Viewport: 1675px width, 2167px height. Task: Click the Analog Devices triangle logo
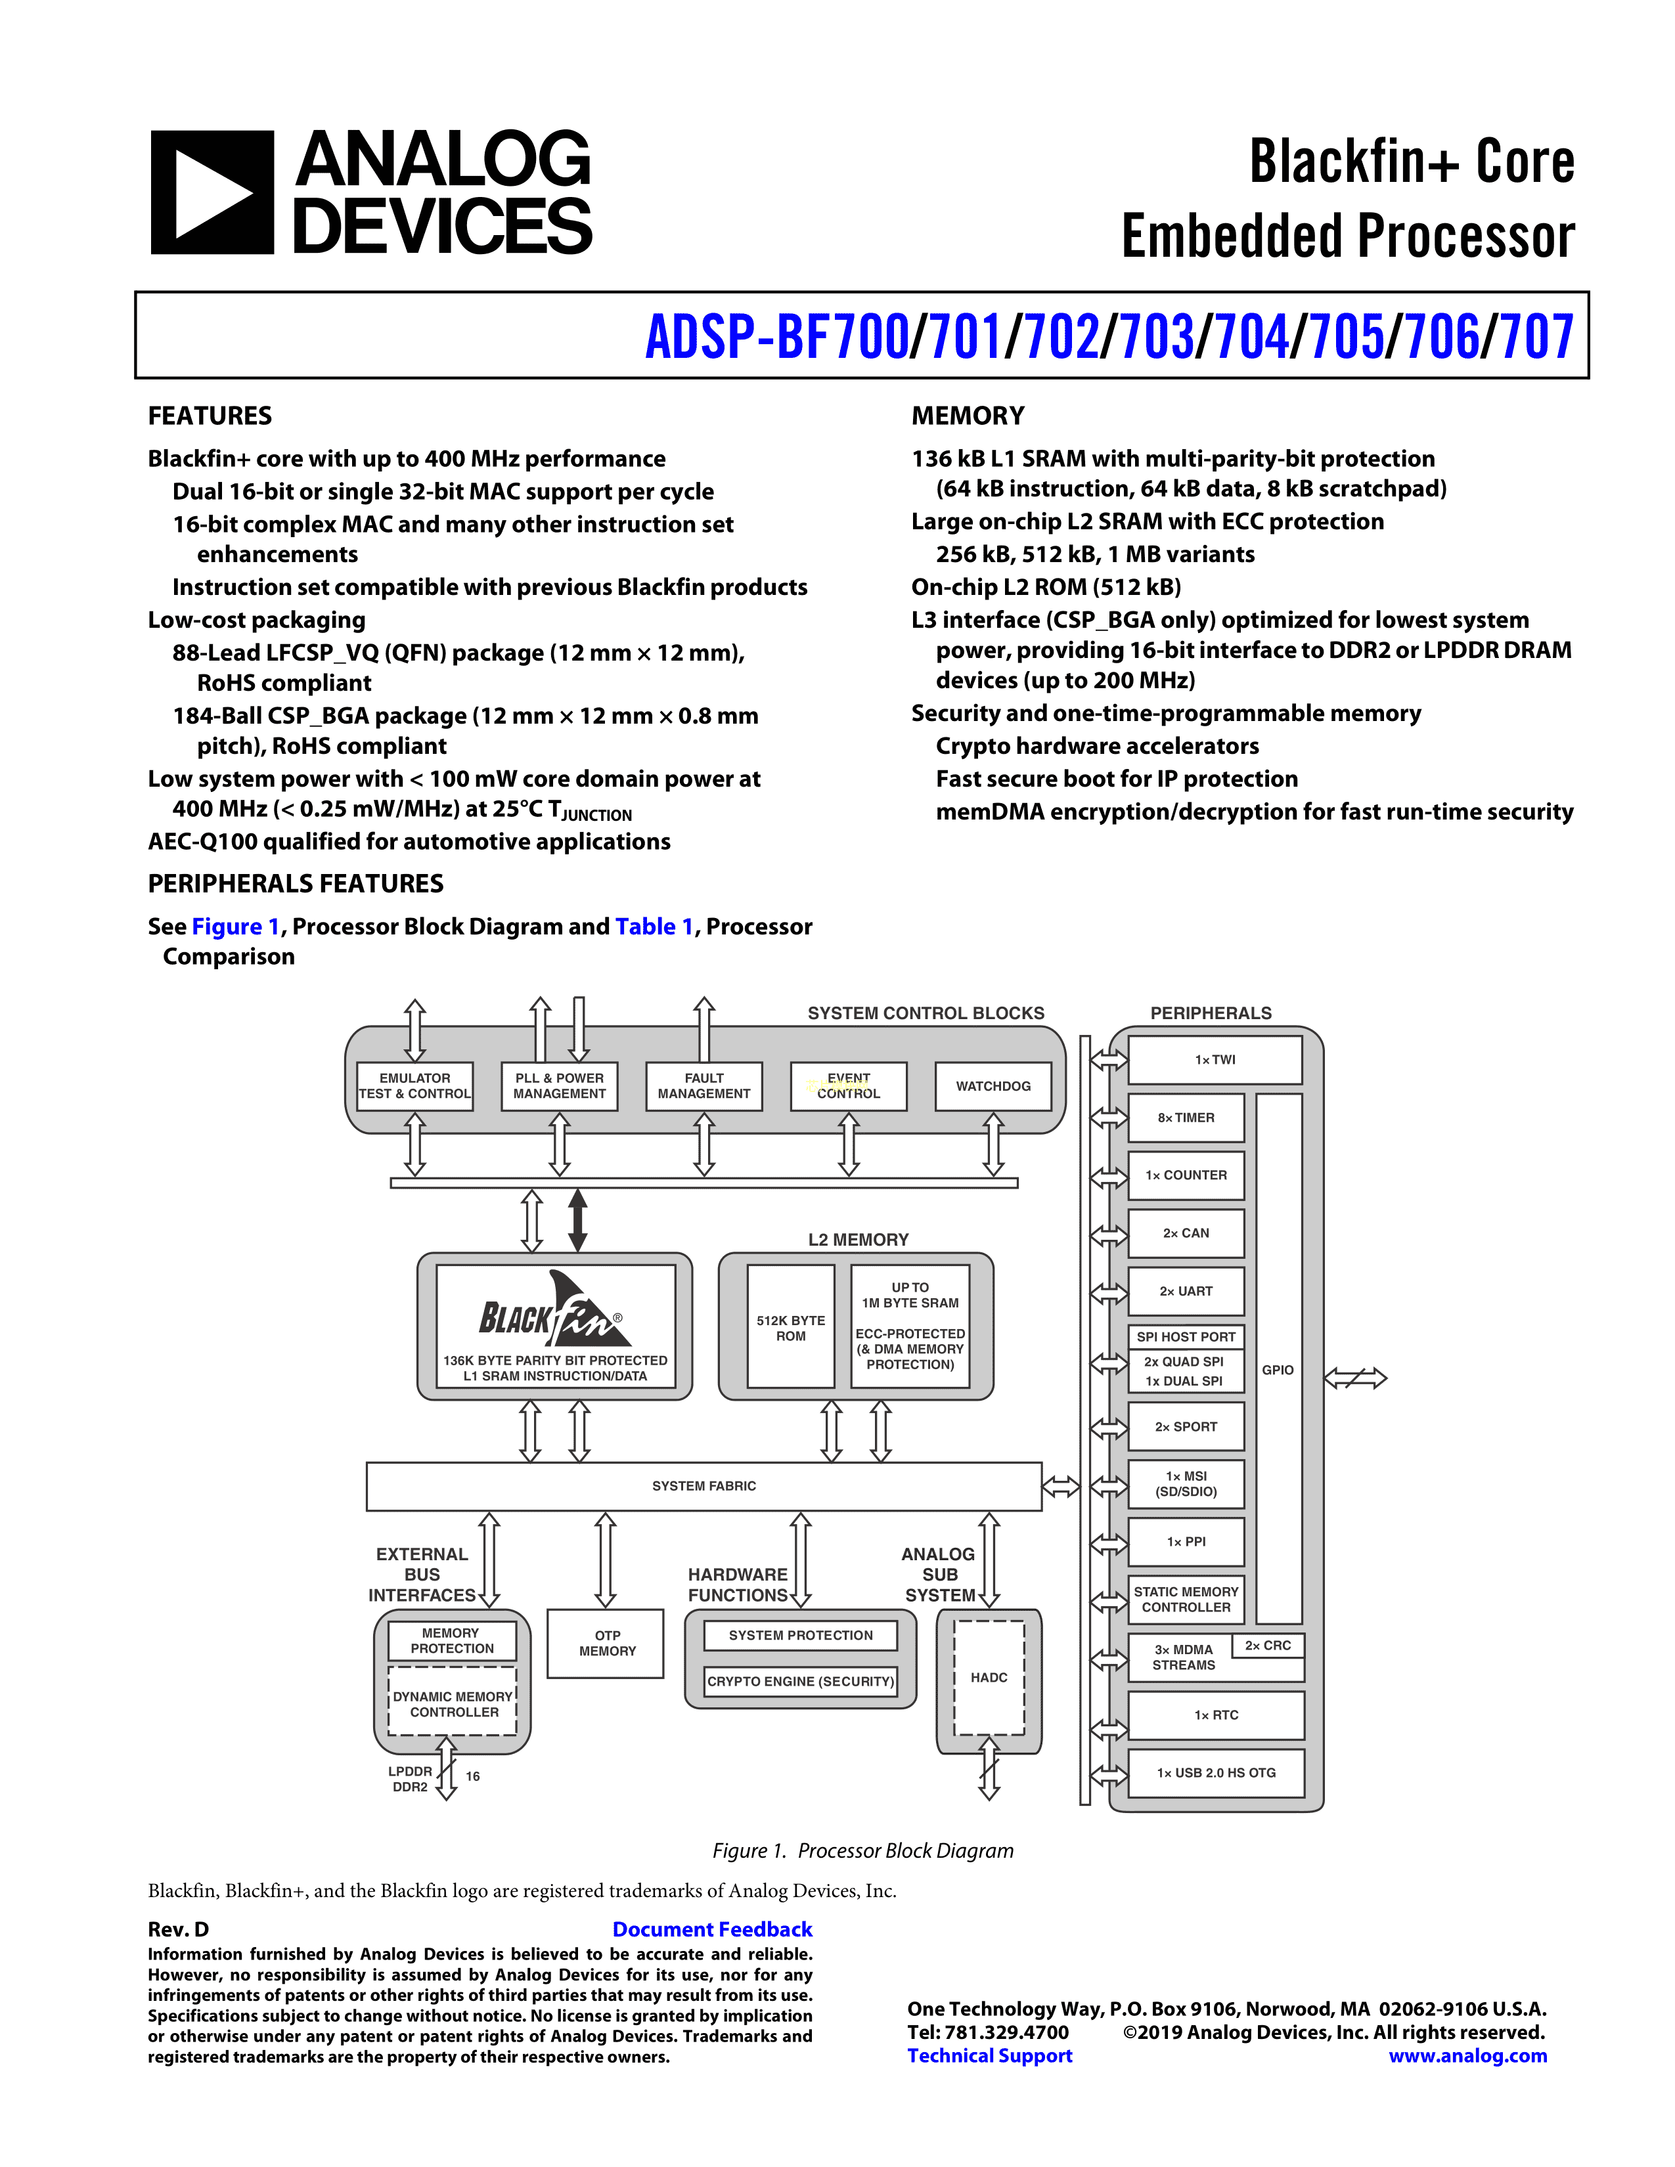coord(212,192)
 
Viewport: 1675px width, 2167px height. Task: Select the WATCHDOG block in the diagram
coord(993,1087)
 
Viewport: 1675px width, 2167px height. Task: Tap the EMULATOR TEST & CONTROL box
coord(414,1087)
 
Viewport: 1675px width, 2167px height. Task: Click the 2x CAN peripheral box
coord(1186,1233)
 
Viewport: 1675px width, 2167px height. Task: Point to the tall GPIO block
coord(1278,1369)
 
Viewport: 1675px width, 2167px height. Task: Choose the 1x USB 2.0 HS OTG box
coord(1216,1772)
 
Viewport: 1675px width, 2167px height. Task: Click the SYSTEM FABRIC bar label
coord(703,1485)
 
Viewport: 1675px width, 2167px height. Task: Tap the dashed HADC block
coord(989,1678)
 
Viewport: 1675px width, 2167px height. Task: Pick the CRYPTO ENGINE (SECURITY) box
coord(800,1681)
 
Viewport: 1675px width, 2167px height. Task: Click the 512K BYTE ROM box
coord(791,1328)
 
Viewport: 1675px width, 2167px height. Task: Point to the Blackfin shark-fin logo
coord(554,1312)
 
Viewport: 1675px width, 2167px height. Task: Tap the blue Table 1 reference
coord(653,926)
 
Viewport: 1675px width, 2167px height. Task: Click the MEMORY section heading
coord(968,416)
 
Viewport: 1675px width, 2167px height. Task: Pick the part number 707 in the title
coord(1537,338)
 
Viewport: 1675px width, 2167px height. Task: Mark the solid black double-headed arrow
coord(577,1221)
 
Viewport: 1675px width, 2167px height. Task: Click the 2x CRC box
coord(1267,1645)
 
